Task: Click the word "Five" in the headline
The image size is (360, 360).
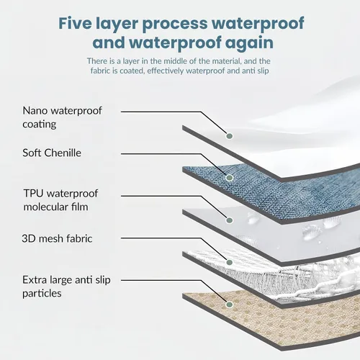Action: (x=75, y=23)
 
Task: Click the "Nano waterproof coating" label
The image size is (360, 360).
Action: (x=62, y=117)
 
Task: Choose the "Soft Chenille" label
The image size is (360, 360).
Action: (x=52, y=153)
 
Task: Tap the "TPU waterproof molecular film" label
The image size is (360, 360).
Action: (x=60, y=200)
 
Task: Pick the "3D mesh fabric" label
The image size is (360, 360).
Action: (x=57, y=238)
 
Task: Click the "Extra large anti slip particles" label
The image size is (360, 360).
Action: (x=66, y=287)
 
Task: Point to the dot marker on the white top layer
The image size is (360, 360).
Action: (x=230, y=136)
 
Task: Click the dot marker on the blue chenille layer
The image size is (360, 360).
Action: (x=230, y=178)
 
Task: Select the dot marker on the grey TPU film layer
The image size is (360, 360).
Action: (x=230, y=220)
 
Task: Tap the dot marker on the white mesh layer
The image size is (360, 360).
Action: (x=230, y=262)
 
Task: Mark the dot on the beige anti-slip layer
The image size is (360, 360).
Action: (x=230, y=305)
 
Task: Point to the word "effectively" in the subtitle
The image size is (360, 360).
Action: (x=166, y=71)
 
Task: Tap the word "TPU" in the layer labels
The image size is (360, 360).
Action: (x=33, y=193)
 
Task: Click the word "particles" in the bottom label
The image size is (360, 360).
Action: (x=42, y=294)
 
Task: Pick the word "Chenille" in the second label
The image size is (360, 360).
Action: (x=63, y=153)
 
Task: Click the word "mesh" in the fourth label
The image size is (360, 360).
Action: (x=51, y=239)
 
